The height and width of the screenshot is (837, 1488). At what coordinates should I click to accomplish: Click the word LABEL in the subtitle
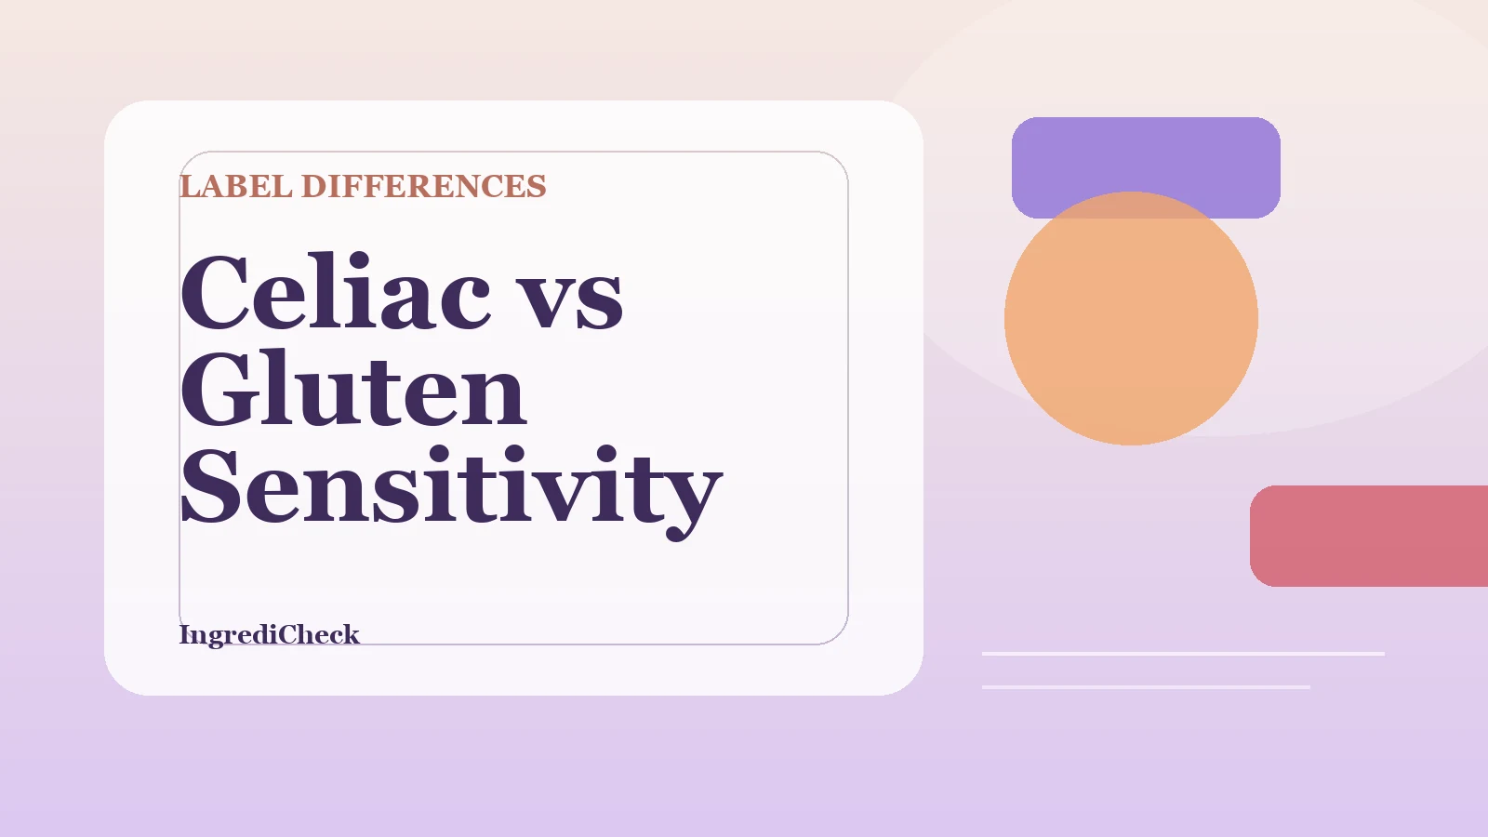click(236, 186)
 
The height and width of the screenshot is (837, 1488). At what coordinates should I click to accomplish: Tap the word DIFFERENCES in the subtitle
click(423, 186)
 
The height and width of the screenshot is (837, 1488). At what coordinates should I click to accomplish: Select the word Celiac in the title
click(335, 293)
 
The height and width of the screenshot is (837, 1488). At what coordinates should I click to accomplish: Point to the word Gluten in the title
click(353, 391)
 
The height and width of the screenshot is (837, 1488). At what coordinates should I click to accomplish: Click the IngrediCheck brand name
click(269, 634)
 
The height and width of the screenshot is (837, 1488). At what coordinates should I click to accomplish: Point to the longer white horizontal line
click(1183, 654)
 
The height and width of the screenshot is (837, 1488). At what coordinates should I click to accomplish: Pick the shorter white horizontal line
click(1146, 687)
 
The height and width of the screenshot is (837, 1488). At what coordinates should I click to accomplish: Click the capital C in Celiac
click(218, 293)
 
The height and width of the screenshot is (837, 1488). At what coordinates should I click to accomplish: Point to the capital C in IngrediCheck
click(287, 634)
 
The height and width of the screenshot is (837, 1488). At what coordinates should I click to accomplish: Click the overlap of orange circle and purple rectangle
click(1131, 206)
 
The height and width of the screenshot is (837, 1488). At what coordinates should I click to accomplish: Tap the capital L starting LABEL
click(190, 186)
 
